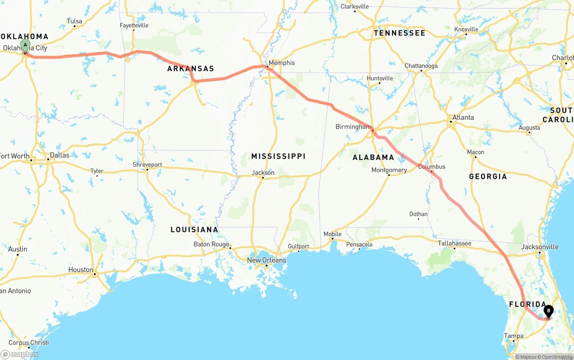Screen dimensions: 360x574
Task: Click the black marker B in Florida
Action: coord(548,311)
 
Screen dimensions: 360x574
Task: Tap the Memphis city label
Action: coord(281,63)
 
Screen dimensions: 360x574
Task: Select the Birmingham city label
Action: coord(353,127)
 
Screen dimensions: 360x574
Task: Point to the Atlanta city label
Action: coord(463,117)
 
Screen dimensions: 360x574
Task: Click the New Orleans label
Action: coord(266,260)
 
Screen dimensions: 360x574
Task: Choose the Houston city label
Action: coord(81,270)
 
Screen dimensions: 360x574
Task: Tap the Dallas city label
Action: coord(60,155)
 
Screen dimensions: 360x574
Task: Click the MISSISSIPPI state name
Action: coord(278,156)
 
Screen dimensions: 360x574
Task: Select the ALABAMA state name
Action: coord(373,157)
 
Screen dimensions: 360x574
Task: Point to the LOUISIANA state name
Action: coord(194,230)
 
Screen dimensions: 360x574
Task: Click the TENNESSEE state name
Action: coord(399,33)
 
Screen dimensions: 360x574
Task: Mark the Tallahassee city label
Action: coord(454,243)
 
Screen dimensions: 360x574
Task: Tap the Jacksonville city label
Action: coord(540,247)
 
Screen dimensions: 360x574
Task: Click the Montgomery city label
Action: coord(389,170)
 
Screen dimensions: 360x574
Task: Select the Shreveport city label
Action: coord(147,165)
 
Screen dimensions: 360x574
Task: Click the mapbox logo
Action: coord(20,354)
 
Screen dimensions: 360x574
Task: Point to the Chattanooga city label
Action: coord(421,66)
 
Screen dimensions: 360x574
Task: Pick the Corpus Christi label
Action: coord(29,343)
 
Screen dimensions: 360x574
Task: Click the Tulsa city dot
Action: coord(74,26)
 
